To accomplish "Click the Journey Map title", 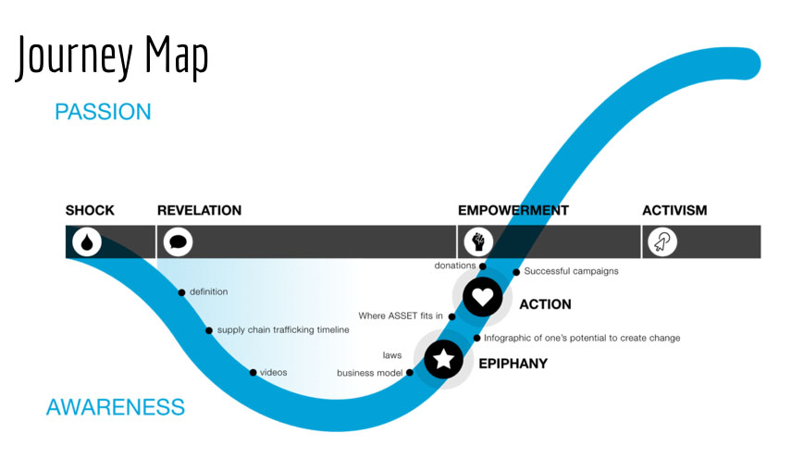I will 112,58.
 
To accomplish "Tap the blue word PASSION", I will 103,112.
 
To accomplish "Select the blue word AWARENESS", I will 116,406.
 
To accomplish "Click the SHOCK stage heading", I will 90,210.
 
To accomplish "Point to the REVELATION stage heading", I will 199,210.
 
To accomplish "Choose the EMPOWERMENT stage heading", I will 513,210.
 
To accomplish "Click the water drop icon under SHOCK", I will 86,241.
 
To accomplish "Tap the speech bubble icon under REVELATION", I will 177,241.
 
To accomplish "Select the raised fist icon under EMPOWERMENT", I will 478,241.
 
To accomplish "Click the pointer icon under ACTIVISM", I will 662,241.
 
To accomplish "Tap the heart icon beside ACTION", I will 482,296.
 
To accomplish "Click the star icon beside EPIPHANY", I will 444,359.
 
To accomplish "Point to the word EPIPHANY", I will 513,364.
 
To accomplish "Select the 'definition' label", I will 208,292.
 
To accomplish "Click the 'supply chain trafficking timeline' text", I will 283,330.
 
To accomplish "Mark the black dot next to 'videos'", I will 253,373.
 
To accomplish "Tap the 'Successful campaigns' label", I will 571,271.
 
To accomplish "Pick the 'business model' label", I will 371,373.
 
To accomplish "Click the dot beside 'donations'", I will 483,266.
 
